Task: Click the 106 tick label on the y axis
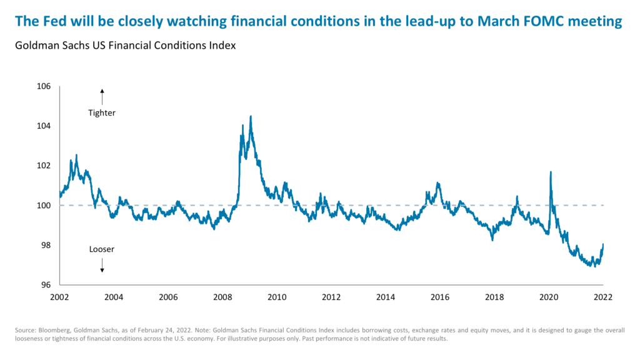[x=43, y=86]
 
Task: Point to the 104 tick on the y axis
[x=43, y=126]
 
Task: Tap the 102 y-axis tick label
[x=43, y=166]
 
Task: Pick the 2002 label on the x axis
[x=59, y=297]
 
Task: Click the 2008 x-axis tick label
[x=222, y=297]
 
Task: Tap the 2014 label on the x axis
[x=386, y=297]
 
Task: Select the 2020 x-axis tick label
[x=549, y=297]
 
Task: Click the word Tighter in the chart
[x=102, y=113]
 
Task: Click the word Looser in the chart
[x=102, y=249]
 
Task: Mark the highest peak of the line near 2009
[x=251, y=116]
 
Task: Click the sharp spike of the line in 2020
[x=551, y=172]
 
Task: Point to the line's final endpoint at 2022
[x=603, y=244]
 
